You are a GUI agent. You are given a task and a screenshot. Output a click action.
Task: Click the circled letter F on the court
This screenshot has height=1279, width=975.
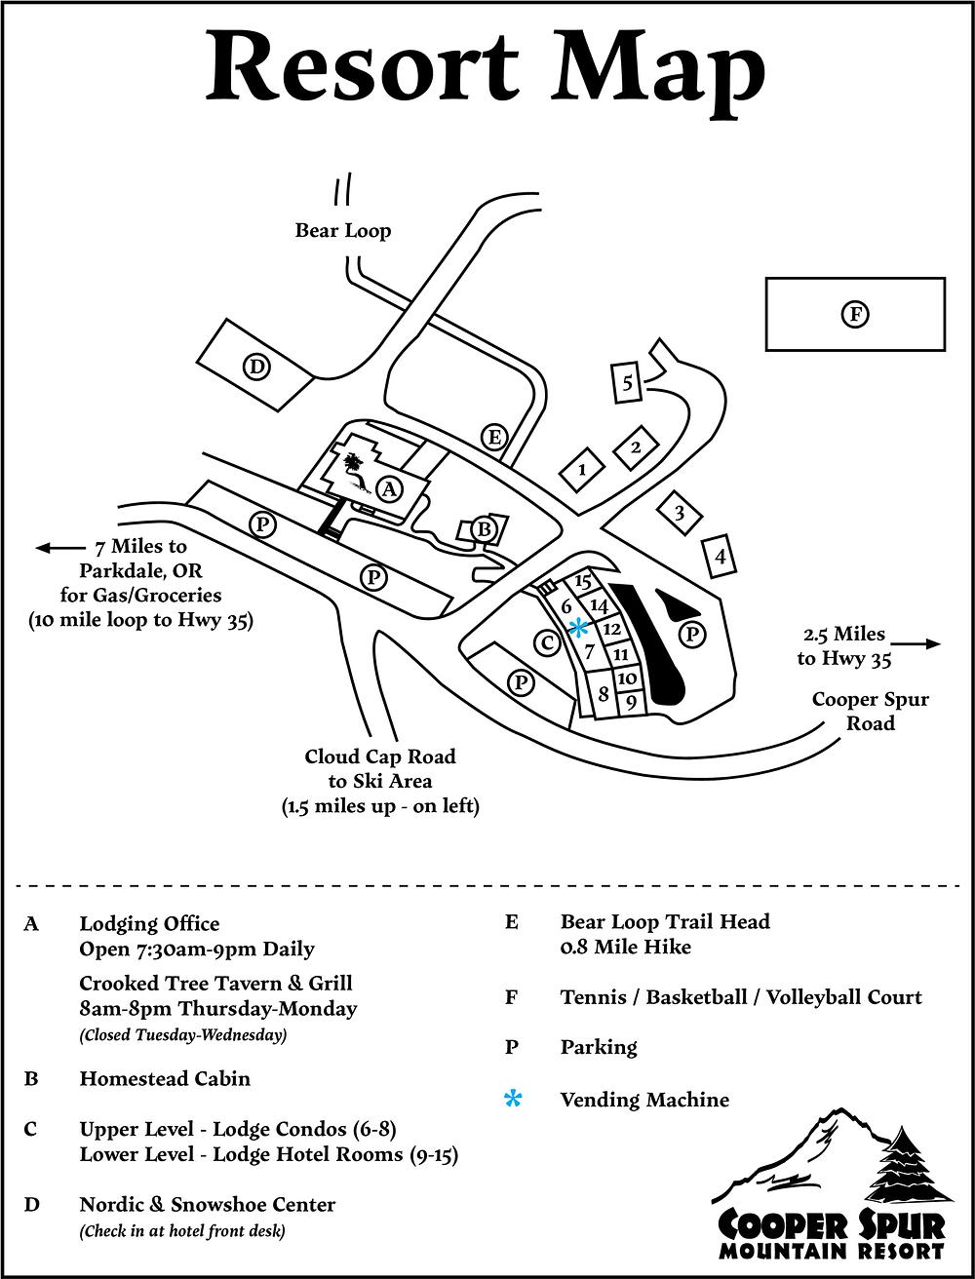coord(855,314)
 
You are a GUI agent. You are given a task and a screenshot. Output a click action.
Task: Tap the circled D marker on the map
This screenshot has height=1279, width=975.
coord(256,368)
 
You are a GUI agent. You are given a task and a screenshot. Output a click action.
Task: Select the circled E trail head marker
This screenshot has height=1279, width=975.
coord(494,437)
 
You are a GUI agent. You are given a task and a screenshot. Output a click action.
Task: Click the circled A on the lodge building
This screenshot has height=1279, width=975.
coord(389,488)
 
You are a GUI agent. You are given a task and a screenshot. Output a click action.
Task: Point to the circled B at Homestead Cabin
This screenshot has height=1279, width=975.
coord(484,529)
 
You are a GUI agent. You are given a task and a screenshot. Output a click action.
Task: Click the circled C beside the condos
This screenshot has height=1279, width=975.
coord(547,643)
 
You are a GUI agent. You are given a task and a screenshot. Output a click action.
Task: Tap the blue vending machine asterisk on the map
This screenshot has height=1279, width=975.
coord(579,628)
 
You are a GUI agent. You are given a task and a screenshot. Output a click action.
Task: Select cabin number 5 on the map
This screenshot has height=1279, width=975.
coord(627,382)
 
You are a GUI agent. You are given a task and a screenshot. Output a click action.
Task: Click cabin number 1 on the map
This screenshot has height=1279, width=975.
coord(582,469)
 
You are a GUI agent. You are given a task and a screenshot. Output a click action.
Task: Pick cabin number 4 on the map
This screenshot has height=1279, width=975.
coord(720,556)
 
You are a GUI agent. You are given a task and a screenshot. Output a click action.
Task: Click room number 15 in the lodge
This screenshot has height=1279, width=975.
coord(583,581)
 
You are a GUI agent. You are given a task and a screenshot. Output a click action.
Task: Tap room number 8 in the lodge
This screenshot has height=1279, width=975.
coord(604,693)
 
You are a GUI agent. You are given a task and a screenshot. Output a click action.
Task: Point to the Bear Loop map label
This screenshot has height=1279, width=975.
coord(342,230)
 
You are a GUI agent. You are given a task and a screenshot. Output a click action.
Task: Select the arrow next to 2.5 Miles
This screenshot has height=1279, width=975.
coord(916,643)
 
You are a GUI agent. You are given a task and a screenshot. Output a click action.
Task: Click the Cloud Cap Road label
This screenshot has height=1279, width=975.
coord(380,756)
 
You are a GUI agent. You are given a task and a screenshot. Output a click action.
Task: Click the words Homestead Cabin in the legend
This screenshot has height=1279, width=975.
coord(165,1078)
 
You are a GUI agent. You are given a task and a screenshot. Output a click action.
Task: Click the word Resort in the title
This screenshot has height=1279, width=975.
coord(363,66)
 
